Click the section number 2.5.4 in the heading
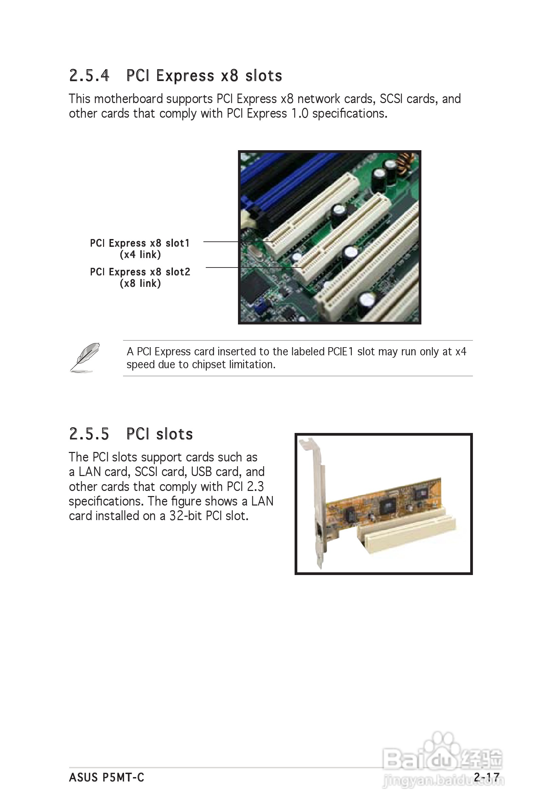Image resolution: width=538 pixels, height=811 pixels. click(89, 76)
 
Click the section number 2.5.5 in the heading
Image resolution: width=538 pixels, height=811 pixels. click(89, 434)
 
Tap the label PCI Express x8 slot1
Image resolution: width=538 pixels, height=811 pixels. click(140, 243)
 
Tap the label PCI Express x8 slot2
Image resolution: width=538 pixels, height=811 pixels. click(140, 272)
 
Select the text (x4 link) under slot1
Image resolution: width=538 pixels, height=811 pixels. click(140, 255)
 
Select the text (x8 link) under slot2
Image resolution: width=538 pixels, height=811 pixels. click(140, 283)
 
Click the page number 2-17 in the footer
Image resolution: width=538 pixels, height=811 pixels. click(486, 777)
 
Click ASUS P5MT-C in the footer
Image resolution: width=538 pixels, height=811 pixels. click(106, 777)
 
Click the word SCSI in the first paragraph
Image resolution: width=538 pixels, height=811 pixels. click(391, 99)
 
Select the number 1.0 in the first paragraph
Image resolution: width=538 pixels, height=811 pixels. click(300, 114)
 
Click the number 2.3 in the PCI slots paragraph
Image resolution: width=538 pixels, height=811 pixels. click(255, 487)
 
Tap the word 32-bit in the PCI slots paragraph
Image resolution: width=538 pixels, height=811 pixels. click(185, 516)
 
